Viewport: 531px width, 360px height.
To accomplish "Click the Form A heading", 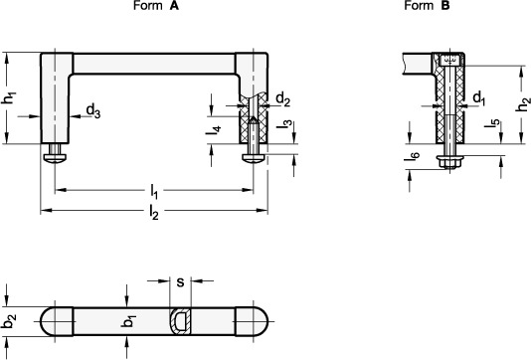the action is [x=156, y=6].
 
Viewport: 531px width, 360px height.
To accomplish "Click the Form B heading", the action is [x=427, y=6].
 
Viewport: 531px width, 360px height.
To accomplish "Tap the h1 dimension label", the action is [x=10, y=97].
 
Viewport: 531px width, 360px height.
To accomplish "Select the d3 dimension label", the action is [x=93, y=111].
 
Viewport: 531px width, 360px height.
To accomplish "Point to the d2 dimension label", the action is [x=283, y=100].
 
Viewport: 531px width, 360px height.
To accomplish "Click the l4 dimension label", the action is [x=214, y=130].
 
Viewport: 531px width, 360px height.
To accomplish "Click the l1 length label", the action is [x=154, y=192].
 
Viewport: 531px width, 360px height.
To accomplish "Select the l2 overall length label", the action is [x=154, y=213].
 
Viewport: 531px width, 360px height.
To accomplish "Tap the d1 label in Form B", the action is [x=479, y=98].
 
